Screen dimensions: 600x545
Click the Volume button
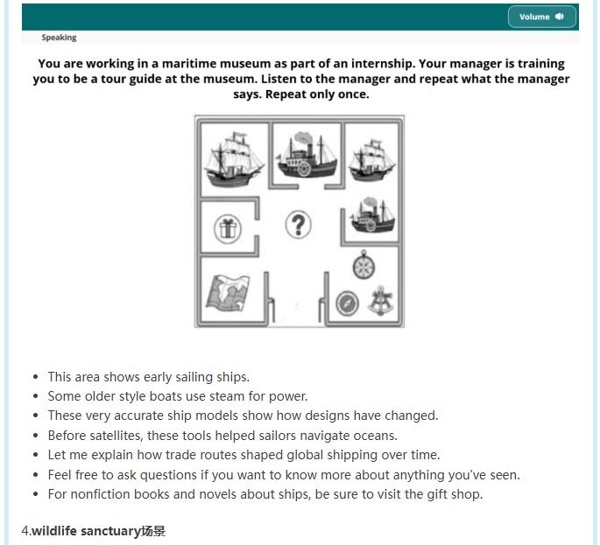[x=541, y=17]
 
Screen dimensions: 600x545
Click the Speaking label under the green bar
[x=59, y=38]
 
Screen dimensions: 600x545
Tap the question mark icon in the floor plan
[x=299, y=224]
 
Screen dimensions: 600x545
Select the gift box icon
[x=228, y=229]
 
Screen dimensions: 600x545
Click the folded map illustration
[x=228, y=293]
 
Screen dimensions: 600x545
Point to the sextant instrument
[x=380, y=300]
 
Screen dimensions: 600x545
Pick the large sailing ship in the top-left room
[x=233, y=159]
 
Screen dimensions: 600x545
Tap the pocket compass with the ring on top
[x=364, y=264]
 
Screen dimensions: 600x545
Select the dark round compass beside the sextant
[x=347, y=304]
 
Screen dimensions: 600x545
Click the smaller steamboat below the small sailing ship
[x=372, y=215]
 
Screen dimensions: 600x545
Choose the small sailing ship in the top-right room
[x=371, y=160]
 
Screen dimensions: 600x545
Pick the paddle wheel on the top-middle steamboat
[x=304, y=169]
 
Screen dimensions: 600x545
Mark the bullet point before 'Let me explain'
[x=36, y=455]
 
